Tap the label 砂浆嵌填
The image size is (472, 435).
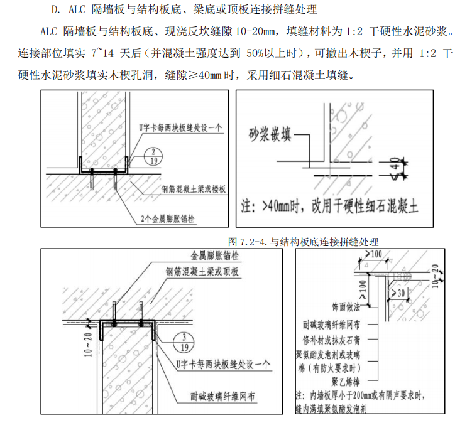point(272,133)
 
